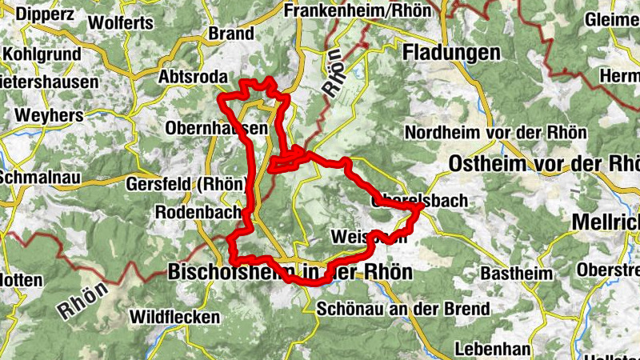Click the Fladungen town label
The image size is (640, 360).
click(452, 52)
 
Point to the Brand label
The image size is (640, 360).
click(230, 34)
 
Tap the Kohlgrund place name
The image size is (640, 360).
click(42, 54)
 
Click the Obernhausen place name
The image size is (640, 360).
click(214, 128)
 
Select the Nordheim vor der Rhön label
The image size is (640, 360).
click(496, 132)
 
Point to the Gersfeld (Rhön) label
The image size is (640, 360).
click(185, 183)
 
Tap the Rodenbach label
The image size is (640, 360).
click(198, 213)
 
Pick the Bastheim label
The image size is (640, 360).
click(516, 274)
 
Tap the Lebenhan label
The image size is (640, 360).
click(492, 349)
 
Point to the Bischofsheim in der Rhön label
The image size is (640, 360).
click(290, 272)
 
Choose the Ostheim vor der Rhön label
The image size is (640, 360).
click(544, 163)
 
